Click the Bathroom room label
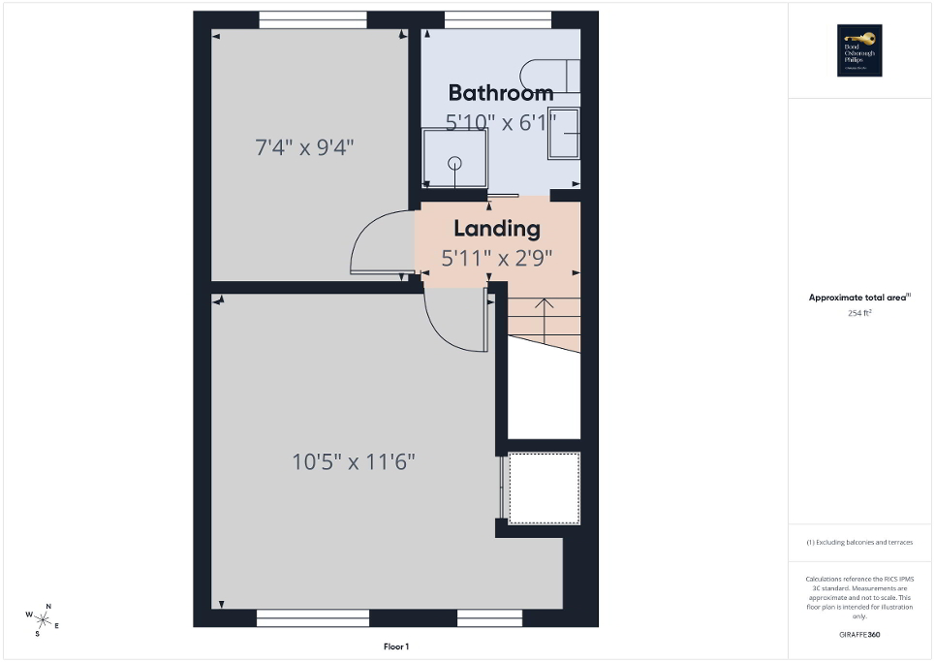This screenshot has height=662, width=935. click(501, 93)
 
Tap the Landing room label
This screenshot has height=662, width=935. click(496, 230)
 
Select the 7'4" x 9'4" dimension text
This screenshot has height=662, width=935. click(304, 148)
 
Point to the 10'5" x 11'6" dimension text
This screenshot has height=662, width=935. click(354, 461)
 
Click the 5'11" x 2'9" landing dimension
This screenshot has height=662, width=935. click(497, 259)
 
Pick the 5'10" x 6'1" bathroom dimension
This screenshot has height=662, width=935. click(501, 122)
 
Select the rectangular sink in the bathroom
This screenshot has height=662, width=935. click(564, 133)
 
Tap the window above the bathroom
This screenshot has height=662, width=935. click(498, 18)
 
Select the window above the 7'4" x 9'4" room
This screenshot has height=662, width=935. click(313, 18)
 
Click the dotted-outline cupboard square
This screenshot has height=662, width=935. click(544, 488)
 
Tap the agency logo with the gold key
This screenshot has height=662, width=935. click(858, 50)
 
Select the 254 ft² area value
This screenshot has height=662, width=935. click(859, 313)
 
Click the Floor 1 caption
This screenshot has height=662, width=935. click(396, 646)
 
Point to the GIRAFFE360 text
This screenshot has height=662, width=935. click(859, 635)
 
